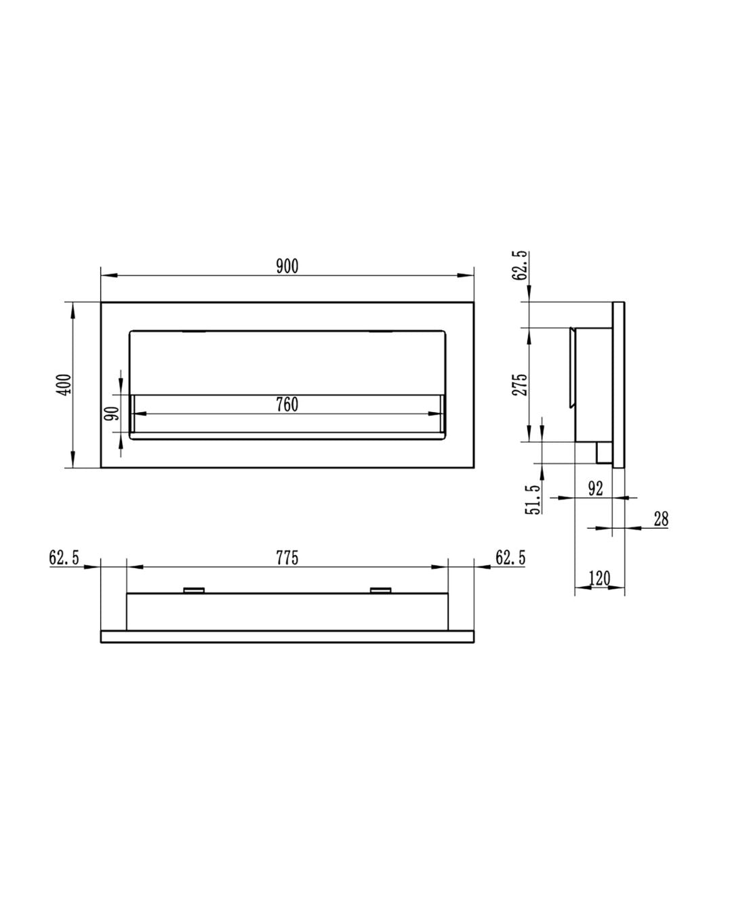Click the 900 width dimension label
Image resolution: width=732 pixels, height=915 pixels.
[x=287, y=266]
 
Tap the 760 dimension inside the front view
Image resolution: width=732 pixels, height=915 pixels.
[x=287, y=405]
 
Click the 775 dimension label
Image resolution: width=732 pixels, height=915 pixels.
[x=287, y=558]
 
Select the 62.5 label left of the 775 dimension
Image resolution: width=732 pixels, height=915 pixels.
[x=64, y=558]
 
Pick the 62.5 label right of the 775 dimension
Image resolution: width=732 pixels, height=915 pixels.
[x=510, y=558]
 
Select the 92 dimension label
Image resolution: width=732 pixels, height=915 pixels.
[x=595, y=489]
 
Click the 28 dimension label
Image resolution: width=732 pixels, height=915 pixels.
[x=661, y=519]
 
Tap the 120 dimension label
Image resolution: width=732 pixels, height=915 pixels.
[x=599, y=579]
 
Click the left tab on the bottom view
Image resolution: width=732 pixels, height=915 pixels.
[x=195, y=590]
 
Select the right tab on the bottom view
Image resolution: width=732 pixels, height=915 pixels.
[x=380, y=590]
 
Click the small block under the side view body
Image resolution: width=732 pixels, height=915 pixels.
[x=603, y=453]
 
